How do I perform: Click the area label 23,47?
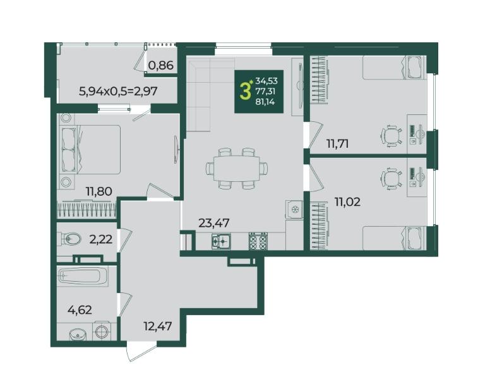pos(213,223)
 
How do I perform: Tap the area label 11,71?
pos(338,143)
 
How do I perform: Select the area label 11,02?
pos(347,202)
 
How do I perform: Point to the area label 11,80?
pos(99,191)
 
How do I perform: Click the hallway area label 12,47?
pos(158,326)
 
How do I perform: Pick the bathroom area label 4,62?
pos(80,309)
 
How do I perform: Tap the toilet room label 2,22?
pos(100,239)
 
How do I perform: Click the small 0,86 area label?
pos(160,65)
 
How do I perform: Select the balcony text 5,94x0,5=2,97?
pos(119,91)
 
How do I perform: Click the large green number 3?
pos(245,91)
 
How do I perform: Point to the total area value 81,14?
pos(265,101)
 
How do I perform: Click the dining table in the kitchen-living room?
pos(237,169)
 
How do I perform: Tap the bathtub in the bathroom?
pos(83,275)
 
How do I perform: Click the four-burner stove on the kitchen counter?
pos(258,241)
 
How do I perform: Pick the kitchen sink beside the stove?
pos(221,241)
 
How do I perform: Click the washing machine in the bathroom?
pos(102,332)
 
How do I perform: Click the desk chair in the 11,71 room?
pos(392,135)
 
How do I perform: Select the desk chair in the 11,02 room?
pos(392,178)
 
